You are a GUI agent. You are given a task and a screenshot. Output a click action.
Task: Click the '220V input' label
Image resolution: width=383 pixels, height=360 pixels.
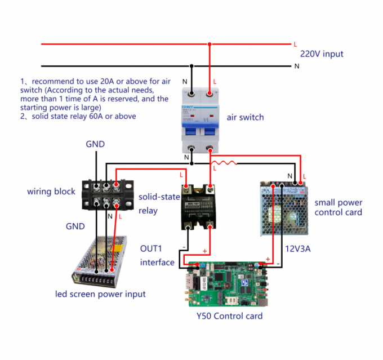322,54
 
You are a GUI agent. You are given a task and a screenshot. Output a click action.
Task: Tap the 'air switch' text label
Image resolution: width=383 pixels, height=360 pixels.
245,118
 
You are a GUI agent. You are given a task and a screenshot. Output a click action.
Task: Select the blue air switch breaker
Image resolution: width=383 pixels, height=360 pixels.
201,119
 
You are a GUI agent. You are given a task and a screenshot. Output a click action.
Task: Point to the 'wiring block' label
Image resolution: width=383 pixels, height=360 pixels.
51,192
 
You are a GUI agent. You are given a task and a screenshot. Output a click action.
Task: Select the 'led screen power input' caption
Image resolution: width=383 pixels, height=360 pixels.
100,294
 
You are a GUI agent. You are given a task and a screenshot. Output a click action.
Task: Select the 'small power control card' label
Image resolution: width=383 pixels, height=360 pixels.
338,207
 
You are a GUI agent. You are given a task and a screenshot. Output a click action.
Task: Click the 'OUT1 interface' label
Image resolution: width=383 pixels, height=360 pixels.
157,255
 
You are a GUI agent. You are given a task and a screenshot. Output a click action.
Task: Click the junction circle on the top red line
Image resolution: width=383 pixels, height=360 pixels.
210,44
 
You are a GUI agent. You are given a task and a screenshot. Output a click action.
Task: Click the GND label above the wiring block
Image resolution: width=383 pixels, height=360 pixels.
95,145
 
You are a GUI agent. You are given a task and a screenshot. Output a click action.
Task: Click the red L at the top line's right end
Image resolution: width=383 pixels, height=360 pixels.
295,45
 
